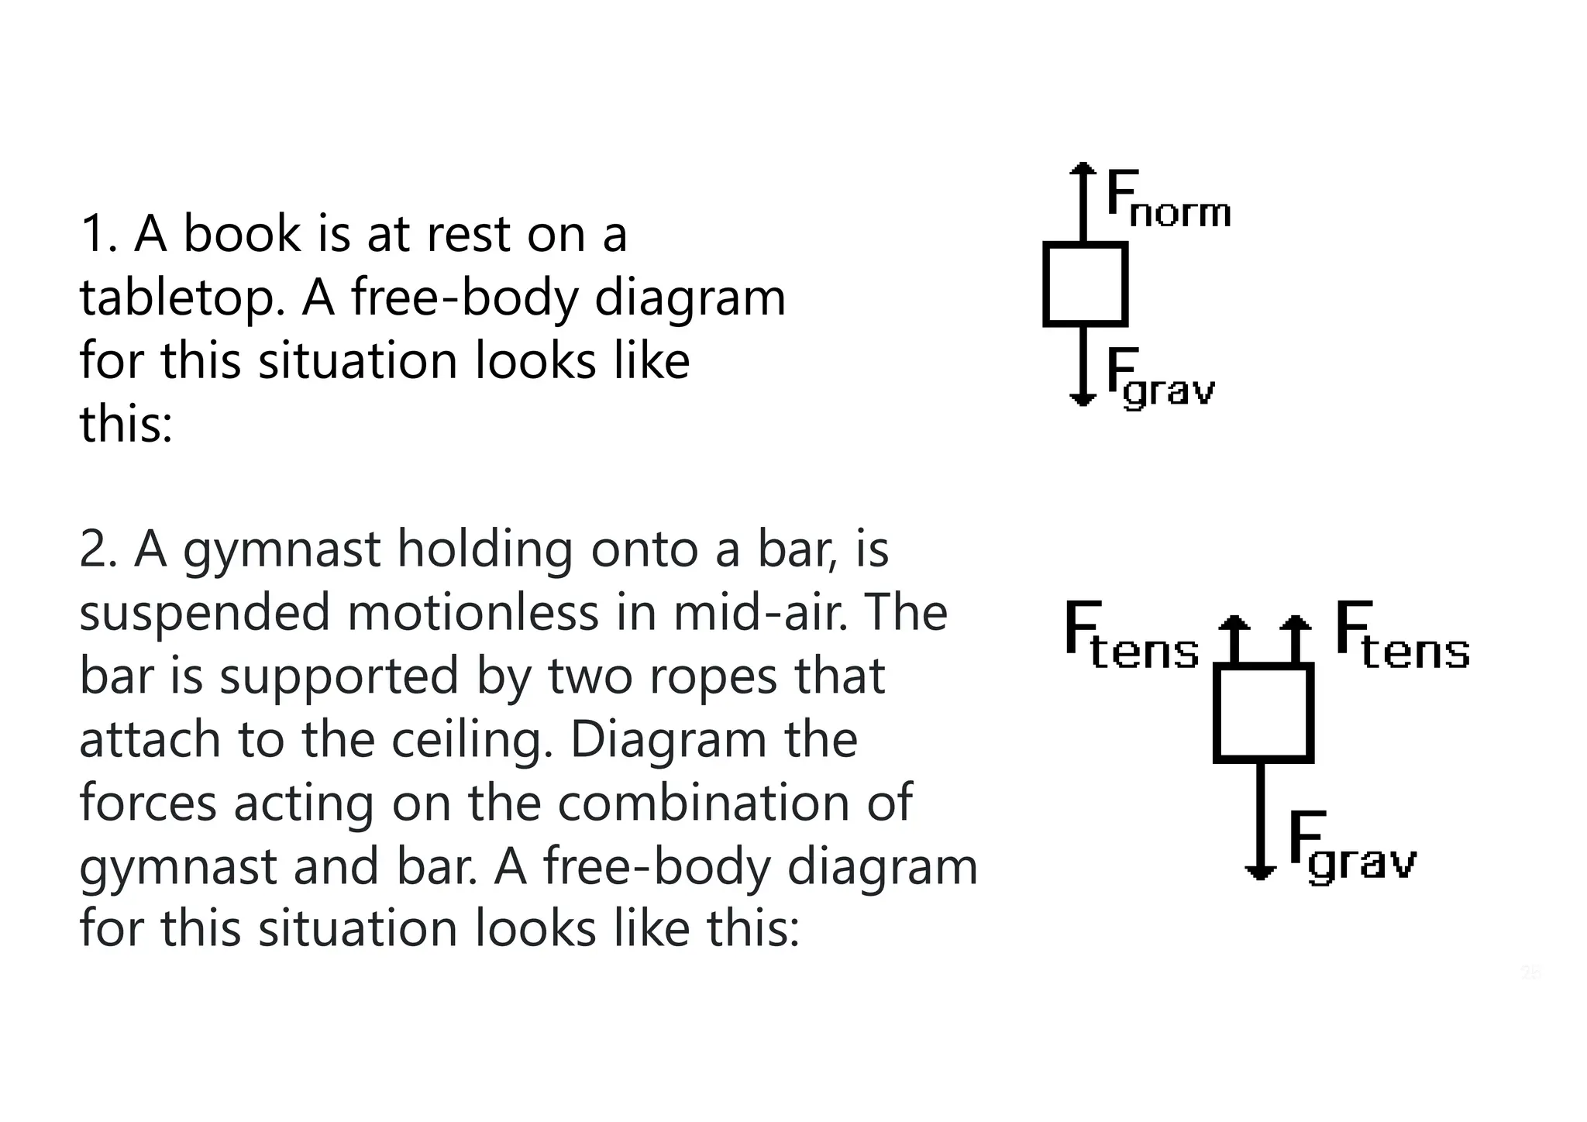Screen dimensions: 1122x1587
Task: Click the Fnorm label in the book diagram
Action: tap(1167, 199)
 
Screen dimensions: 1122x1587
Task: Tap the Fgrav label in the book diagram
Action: tap(1159, 377)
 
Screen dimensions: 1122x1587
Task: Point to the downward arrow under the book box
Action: tap(1083, 364)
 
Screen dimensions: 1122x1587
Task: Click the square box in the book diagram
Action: tap(1085, 284)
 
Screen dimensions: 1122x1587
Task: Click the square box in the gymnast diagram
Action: tap(1262, 713)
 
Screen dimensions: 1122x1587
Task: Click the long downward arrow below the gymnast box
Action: tap(1261, 821)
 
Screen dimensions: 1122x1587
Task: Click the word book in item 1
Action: tap(242, 234)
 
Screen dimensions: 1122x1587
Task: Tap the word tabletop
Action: tap(182, 299)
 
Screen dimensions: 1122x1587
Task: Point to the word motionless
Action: tap(473, 614)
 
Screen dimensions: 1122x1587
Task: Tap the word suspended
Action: tap(205, 614)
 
